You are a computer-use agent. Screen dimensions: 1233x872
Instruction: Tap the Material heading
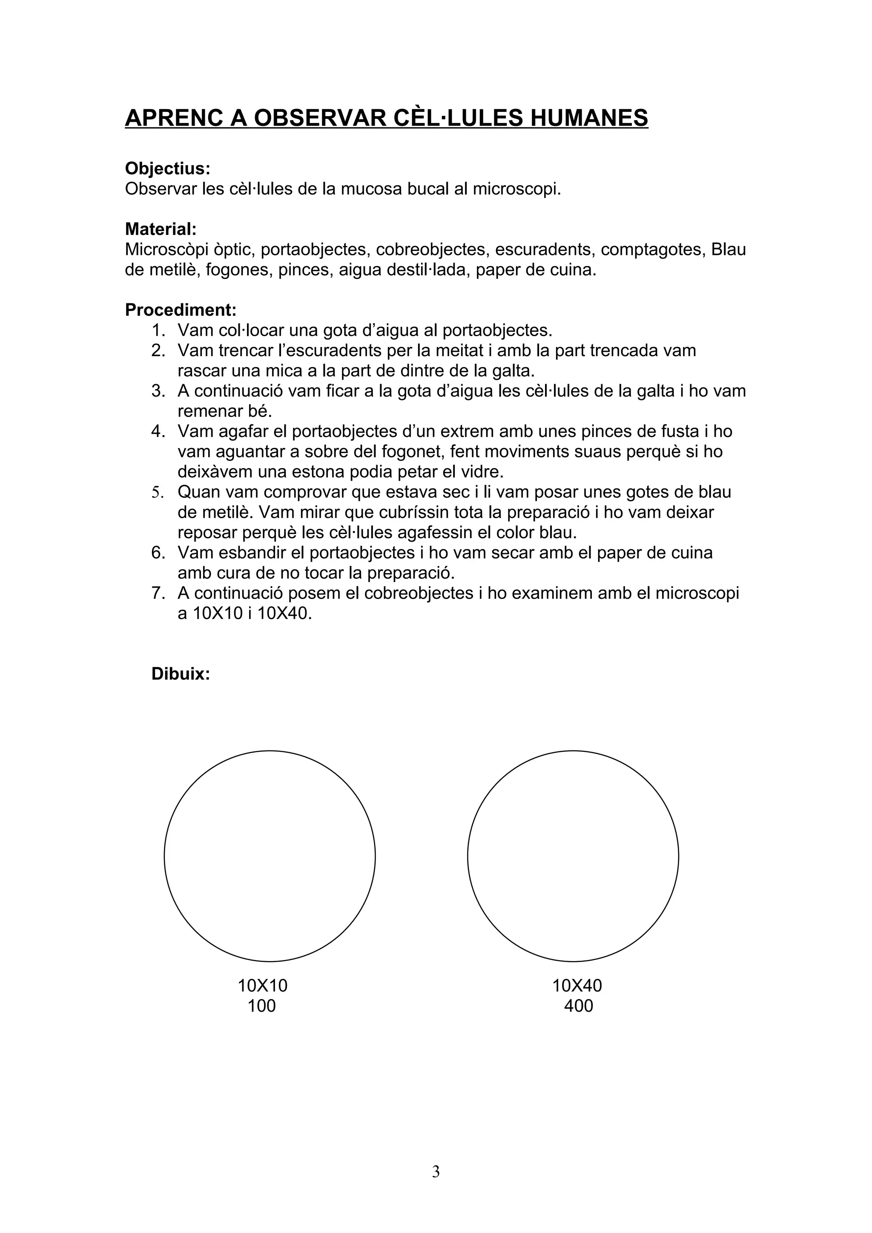click(161, 229)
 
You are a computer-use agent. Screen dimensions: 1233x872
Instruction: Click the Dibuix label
click(181, 674)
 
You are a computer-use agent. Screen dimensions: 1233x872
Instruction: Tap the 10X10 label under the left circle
click(263, 985)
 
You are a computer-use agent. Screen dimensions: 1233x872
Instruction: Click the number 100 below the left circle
click(262, 1006)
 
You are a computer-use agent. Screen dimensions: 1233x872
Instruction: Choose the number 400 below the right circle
click(578, 1006)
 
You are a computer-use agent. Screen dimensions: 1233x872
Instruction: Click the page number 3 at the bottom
click(436, 1172)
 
